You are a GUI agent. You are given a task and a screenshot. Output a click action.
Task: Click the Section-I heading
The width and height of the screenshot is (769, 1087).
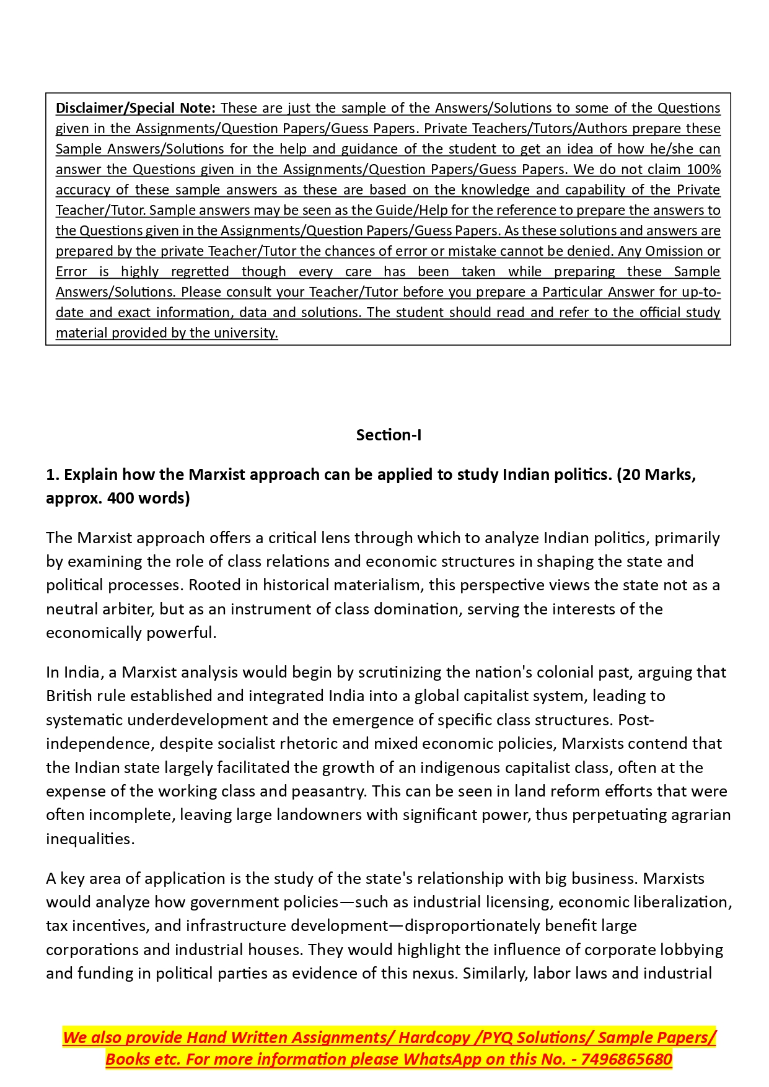coord(389,435)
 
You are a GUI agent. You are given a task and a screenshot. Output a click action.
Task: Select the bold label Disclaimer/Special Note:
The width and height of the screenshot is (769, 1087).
coord(136,108)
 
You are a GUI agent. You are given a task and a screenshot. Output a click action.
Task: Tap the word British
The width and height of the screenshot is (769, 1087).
coord(66,696)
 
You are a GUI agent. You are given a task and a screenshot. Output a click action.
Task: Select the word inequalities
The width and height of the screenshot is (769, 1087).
coord(89,839)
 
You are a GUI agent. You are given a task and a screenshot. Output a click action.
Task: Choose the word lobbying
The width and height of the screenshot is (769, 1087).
coord(692,949)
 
